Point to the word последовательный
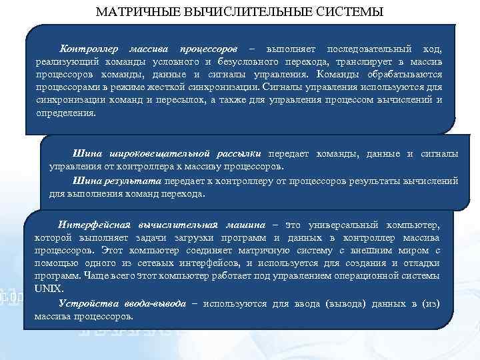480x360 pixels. [368, 50]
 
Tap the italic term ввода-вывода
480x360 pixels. [150, 303]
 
